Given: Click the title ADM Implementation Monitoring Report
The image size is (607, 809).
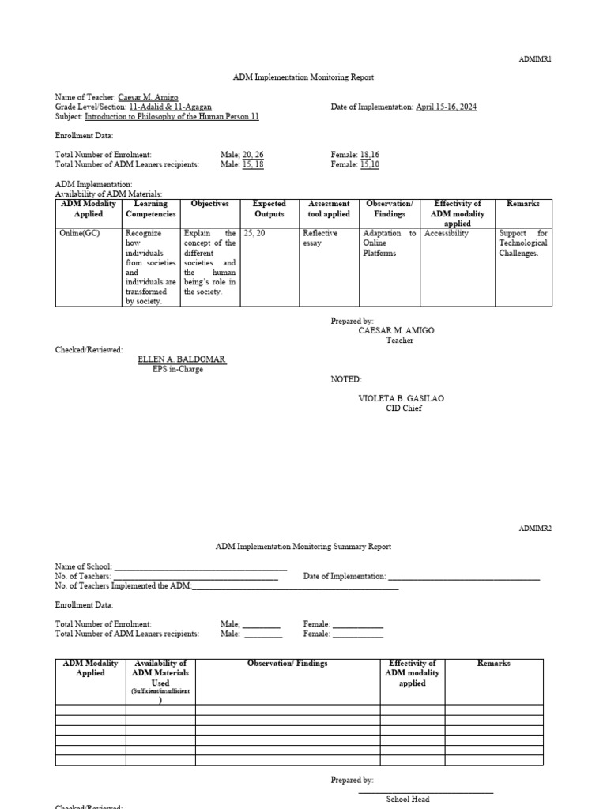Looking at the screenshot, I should [x=303, y=77].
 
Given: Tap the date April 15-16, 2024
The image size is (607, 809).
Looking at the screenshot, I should [x=446, y=107].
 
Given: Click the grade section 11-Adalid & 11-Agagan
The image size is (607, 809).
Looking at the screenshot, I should [x=170, y=107].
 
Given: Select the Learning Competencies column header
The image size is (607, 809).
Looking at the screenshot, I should [x=151, y=209].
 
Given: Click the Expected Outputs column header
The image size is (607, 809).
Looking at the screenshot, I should [x=269, y=209].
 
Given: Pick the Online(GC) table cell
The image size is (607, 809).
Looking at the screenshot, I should [x=80, y=234].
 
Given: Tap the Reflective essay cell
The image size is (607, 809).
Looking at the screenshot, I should [x=320, y=239].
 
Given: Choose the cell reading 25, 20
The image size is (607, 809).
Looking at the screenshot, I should [x=254, y=234].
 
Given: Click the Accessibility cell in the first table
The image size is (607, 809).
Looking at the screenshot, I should [x=447, y=234].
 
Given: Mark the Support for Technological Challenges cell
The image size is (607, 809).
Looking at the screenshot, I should [x=523, y=243].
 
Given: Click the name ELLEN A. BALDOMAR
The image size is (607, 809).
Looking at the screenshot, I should [x=182, y=359].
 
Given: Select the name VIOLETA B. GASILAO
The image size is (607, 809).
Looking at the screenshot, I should [x=402, y=398].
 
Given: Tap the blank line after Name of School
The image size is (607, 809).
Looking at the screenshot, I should [x=201, y=567].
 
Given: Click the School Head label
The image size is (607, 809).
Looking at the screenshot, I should [x=408, y=799].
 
